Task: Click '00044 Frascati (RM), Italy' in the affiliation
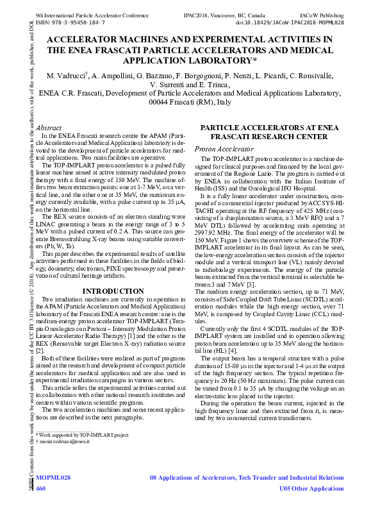click(x=190, y=102)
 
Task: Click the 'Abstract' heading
click(x=49, y=128)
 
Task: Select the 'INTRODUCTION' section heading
click(x=113, y=292)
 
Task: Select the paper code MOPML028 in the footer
click(x=53, y=478)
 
